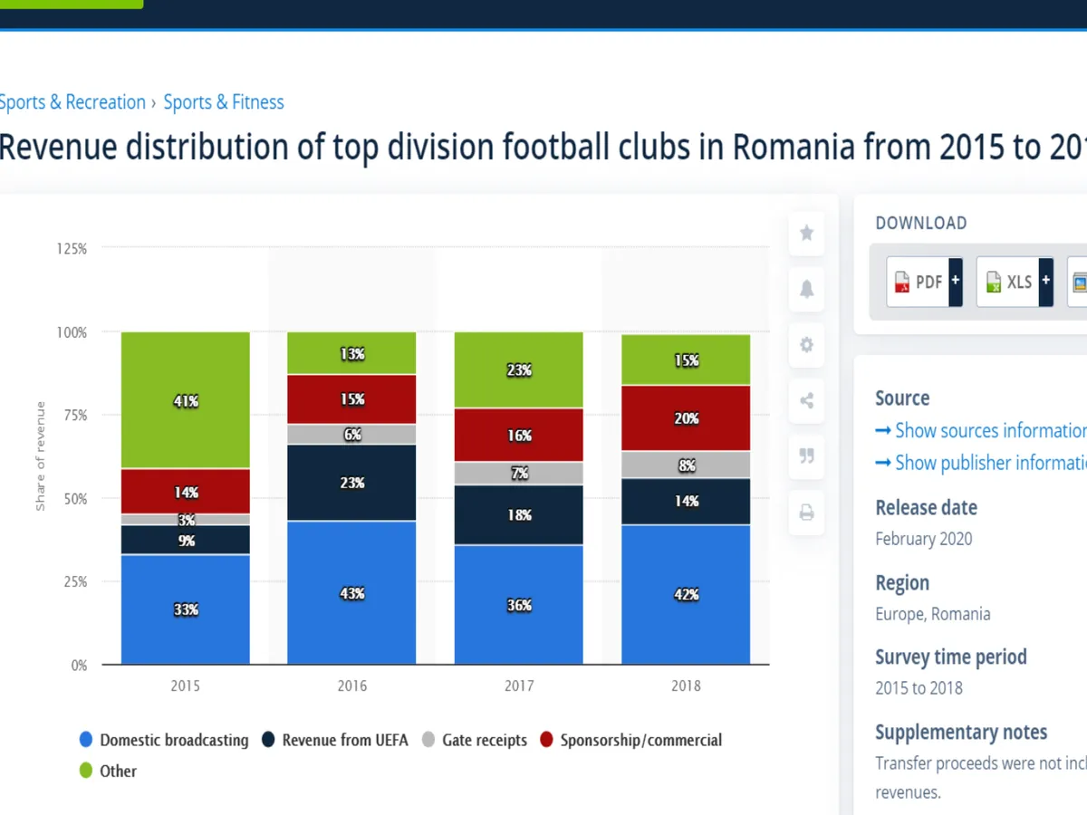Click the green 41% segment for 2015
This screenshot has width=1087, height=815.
click(186, 400)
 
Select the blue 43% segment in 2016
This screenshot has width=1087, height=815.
click(351, 592)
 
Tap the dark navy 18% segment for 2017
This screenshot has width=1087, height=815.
click(519, 514)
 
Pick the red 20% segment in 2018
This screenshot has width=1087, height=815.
click(686, 417)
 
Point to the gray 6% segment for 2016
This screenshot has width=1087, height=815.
click(351, 435)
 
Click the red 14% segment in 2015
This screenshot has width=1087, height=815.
click(186, 492)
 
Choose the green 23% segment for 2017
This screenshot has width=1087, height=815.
click(519, 369)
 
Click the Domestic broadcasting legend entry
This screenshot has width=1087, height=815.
click(164, 740)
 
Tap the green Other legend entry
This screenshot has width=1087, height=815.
click(108, 771)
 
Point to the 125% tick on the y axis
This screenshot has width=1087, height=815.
click(72, 248)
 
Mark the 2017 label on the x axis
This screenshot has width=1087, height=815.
click(519, 686)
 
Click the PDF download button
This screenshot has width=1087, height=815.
click(923, 282)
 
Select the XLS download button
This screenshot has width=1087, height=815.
click(1014, 282)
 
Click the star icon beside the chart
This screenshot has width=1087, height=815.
click(806, 234)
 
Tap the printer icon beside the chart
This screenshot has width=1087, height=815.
click(806, 513)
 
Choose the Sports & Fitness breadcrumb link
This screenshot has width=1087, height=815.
click(224, 102)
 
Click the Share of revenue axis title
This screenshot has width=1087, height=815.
click(41, 455)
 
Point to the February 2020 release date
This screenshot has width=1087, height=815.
click(923, 539)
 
